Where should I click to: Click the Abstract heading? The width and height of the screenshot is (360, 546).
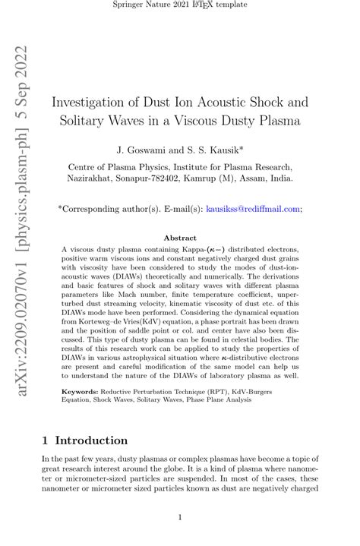pyautogui.click(x=179, y=238)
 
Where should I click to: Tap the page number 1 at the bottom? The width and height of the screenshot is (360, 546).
pyautogui.click(x=179, y=518)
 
